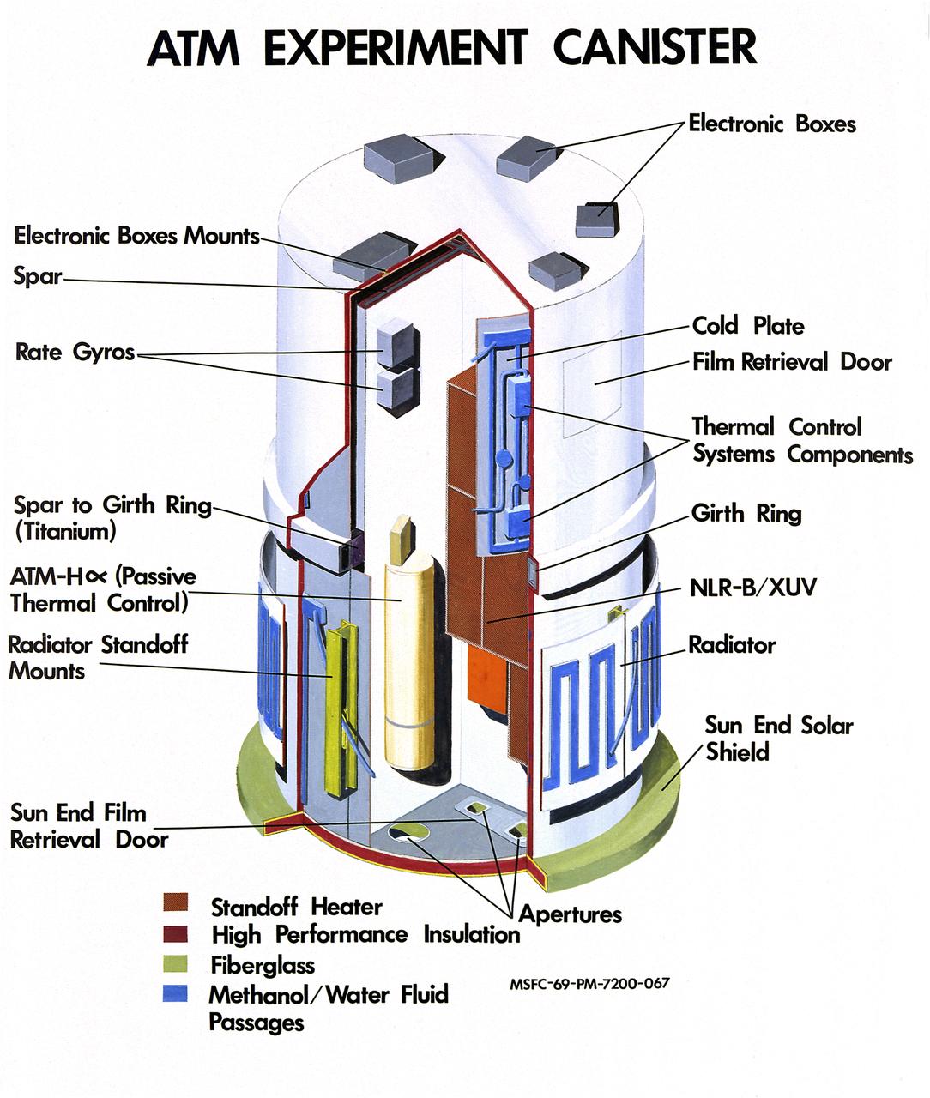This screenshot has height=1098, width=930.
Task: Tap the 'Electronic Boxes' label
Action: tap(772, 124)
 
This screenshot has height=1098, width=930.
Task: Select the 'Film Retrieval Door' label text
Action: tap(792, 362)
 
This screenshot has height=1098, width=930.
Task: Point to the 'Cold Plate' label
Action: tap(748, 326)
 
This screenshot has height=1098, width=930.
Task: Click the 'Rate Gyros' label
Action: tap(75, 353)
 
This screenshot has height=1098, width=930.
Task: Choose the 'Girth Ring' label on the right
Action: tap(746, 514)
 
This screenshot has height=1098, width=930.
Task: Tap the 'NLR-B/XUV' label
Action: tap(753, 588)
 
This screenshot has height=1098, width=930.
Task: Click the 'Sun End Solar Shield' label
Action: tap(778, 739)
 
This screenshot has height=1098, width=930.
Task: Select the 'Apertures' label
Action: tap(570, 914)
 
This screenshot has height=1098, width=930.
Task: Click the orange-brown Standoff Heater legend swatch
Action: tap(176, 903)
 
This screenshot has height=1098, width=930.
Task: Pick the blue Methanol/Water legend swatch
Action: tap(176, 993)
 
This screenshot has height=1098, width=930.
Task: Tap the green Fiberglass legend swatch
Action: tap(176, 963)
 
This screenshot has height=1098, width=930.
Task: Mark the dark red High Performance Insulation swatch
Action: tap(176, 933)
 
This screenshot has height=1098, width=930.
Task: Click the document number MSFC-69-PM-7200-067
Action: tap(589, 984)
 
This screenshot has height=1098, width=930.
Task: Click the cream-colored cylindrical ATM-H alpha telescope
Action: tap(409, 661)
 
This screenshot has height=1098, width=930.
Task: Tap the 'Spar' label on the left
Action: tap(38, 276)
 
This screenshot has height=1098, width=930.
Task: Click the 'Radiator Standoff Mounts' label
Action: tap(97, 658)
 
